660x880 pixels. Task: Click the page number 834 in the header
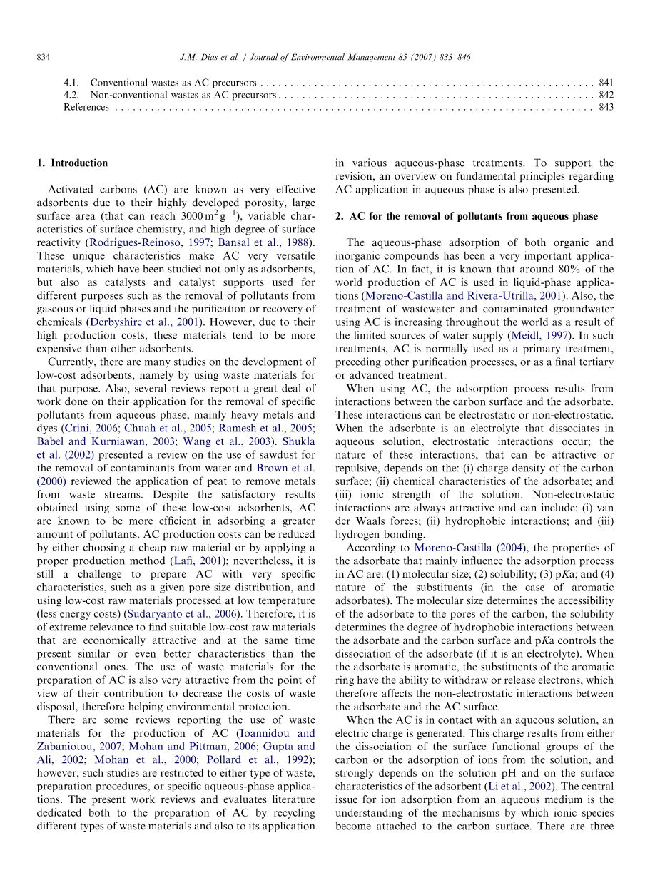pyautogui.click(x=43, y=57)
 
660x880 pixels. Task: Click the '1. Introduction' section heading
pyautogui.click(x=72, y=163)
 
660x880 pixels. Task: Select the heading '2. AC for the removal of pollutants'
pyautogui.click(x=467, y=216)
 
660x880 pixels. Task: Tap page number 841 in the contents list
pyautogui.click(x=606, y=83)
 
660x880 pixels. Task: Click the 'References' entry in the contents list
pyautogui.click(x=86, y=107)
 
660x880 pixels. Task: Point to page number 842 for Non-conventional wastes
pyautogui.click(x=606, y=95)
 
